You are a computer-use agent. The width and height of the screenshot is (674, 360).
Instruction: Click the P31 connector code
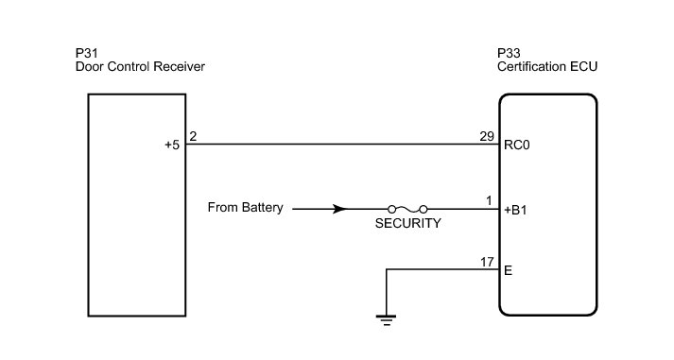tap(86, 53)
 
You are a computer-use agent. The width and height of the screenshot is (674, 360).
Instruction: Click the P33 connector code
tap(509, 53)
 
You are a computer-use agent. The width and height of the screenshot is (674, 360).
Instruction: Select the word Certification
tap(531, 66)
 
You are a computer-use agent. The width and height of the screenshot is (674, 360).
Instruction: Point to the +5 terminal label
tap(172, 146)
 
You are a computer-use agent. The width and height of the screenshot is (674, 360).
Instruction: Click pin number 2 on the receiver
tap(193, 136)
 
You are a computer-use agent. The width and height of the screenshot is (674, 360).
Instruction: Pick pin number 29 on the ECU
tap(487, 136)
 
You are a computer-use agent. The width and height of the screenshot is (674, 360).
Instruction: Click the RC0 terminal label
tap(517, 146)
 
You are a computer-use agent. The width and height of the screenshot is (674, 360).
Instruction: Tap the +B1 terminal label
tap(515, 210)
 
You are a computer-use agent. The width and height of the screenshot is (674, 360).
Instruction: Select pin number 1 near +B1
tap(489, 200)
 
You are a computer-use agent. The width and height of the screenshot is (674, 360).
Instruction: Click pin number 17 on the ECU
tap(487, 262)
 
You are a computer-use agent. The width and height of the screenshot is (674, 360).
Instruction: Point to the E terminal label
tap(508, 270)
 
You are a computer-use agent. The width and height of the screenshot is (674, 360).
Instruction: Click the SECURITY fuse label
tap(408, 223)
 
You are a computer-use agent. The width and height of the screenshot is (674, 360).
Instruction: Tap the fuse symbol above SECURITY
tap(407, 209)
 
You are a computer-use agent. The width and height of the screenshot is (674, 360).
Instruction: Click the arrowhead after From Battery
tap(340, 209)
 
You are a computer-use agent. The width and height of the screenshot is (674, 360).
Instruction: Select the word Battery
tap(262, 208)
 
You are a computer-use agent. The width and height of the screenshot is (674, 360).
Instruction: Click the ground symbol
tap(386, 320)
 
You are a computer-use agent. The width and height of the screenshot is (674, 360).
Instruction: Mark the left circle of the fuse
tap(391, 209)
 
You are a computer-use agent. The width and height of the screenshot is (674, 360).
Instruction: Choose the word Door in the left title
tap(90, 66)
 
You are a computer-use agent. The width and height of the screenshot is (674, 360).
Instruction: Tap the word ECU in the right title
tap(583, 66)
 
